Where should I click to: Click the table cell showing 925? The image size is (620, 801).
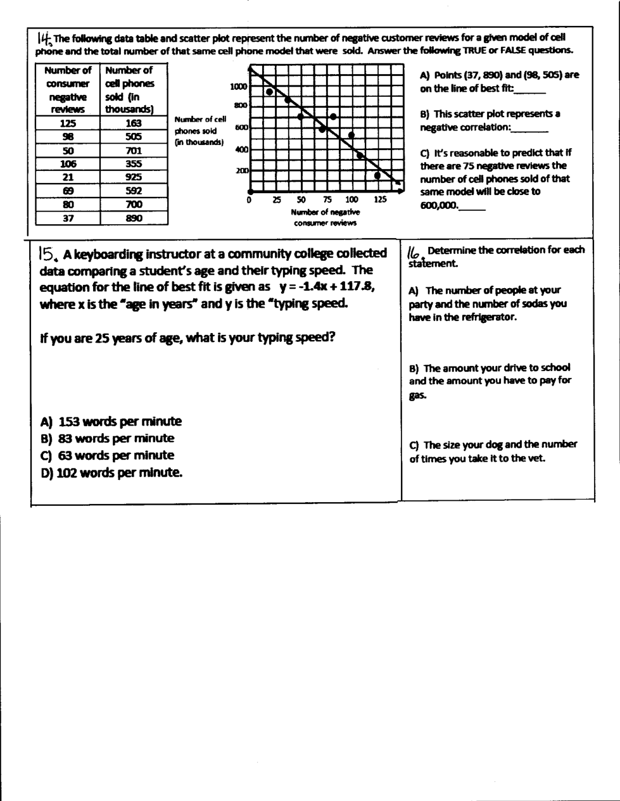coord(134,177)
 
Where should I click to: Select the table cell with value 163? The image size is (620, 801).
coord(134,123)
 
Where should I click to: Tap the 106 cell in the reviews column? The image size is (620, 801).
coord(68,164)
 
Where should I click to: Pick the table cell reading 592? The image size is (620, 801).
coord(134,191)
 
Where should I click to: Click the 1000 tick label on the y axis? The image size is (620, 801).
coord(239,87)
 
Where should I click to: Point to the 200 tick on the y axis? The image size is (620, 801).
coord(242,171)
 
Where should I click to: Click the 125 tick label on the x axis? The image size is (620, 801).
coord(380,199)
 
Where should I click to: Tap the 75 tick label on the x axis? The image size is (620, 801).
coord(327,199)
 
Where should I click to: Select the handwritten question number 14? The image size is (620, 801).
coord(44,38)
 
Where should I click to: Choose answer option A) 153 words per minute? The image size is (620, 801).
coord(111,422)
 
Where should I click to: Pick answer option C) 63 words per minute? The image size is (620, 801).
coord(107,455)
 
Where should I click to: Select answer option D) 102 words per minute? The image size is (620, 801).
coord(111,472)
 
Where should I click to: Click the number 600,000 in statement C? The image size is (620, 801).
coord(438,205)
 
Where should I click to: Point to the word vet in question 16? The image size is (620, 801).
coord(536,458)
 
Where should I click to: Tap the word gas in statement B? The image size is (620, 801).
coord(417,396)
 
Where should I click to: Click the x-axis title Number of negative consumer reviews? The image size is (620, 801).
coord(325,217)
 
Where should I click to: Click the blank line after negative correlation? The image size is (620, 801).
coord(530,129)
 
